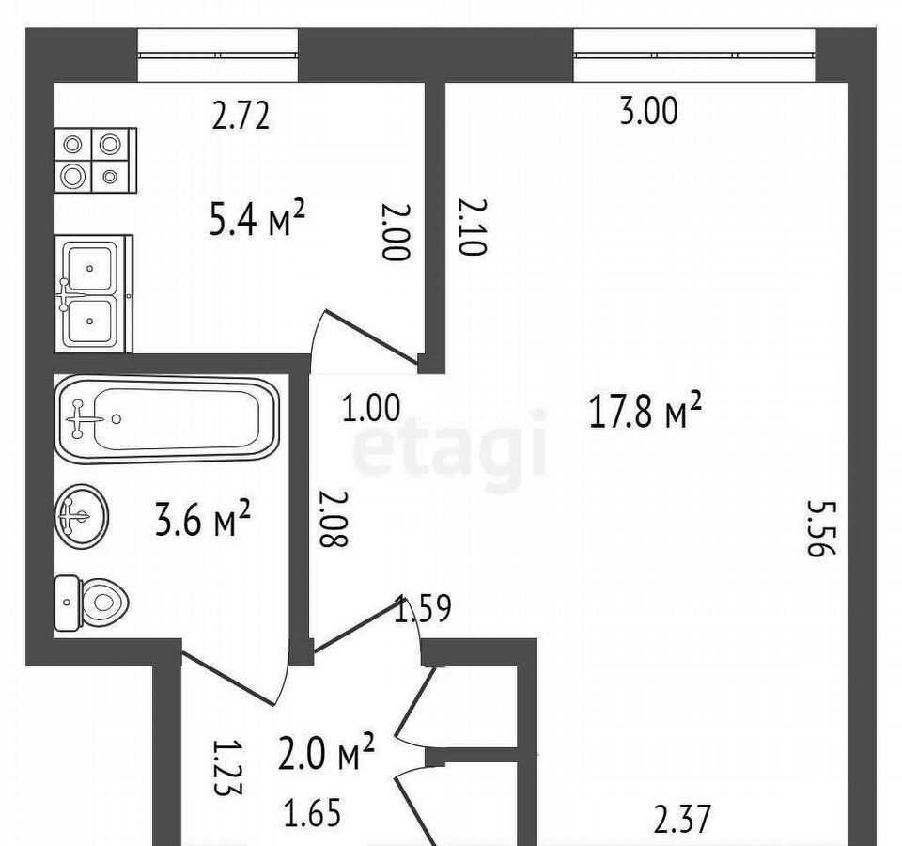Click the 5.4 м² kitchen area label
pyautogui.click(x=256, y=218)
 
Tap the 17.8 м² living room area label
pyautogui.click(x=645, y=411)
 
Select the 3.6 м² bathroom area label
pyautogui.click(x=203, y=518)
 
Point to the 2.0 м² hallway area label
pyautogui.click(x=326, y=751)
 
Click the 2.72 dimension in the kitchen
pyautogui.click(x=241, y=116)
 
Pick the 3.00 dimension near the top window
pyautogui.click(x=649, y=112)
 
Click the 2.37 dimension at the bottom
pyautogui.click(x=683, y=820)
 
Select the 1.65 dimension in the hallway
pyautogui.click(x=313, y=812)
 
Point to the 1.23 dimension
pyautogui.click(x=227, y=767)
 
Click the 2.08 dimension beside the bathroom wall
pyautogui.click(x=334, y=518)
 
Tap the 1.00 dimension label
pyautogui.click(x=371, y=409)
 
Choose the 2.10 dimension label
pyautogui.click(x=473, y=227)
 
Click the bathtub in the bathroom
pyautogui.click(x=167, y=419)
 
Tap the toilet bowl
pyautogui.click(x=92, y=603)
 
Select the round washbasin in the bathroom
pyautogui.click(x=83, y=516)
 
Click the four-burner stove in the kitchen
pyautogui.click(x=96, y=161)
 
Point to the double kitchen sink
pyautogui.click(x=94, y=293)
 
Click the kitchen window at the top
pyautogui.click(x=218, y=55)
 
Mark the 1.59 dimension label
pyautogui.click(x=422, y=609)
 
